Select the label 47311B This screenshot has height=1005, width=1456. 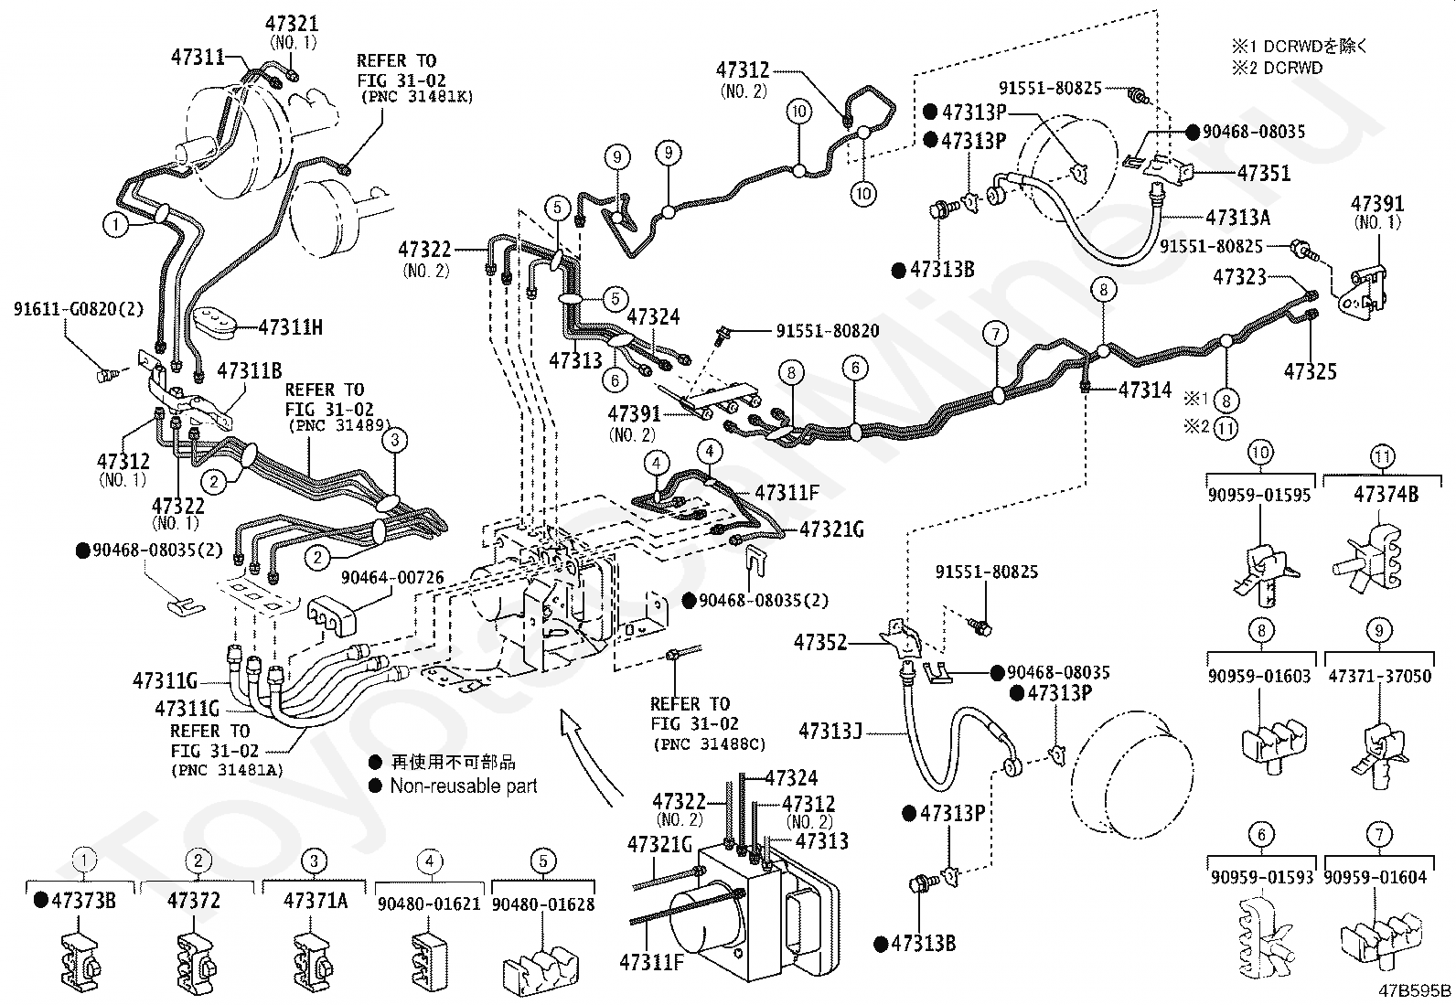pos(249,370)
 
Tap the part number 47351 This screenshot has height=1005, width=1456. pos(1263,173)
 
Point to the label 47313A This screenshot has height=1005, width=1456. pos(1237,218)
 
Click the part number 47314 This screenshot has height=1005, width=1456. pos(1144,390)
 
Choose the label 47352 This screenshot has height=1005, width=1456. pos(820,643)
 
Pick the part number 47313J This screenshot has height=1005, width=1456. pos(830,732)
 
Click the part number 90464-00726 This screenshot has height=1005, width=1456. pos(392,578)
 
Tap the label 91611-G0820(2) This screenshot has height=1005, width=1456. pos(79,309)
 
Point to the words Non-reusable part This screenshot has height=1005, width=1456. pos(463,786)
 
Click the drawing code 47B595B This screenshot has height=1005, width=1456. pos(1416,990)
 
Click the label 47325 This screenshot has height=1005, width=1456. pos(1310,371)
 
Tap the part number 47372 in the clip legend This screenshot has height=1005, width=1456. pos(194,901)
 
